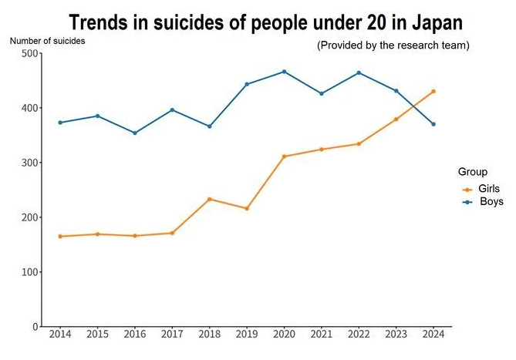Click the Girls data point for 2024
tap(433, 91)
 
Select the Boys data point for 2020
tap(284, 72)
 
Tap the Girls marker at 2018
tap(209, 199)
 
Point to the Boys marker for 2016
tap(134, 133)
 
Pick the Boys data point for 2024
tap(433, 124)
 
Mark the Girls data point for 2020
tap(284, 156)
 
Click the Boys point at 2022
tap(359, 72)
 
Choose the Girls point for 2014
tap(59, 236)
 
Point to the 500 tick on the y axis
tap(29, 53)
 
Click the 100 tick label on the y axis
tap(29, 272)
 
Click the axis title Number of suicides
tap(47, 41)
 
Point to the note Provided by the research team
tap(393, 45)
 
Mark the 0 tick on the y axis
tap(35, 327)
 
